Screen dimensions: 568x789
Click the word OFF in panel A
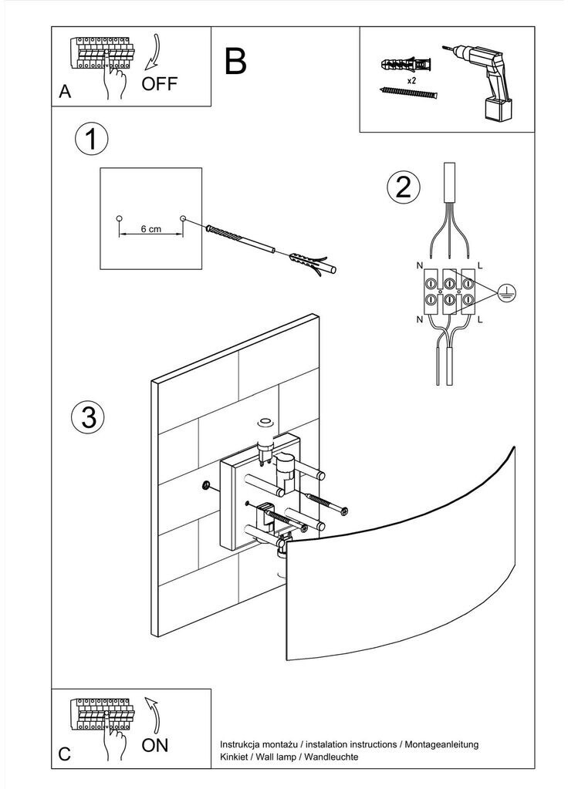coord(159,83)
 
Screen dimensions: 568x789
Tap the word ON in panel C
coord(154,745)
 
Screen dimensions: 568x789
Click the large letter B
coord(235,62)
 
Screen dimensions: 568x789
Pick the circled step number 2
coord(403,187)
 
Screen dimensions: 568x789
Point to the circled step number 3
coord(88,416)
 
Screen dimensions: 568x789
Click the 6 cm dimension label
coord(150,229)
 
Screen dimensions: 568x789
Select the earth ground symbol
coord(506,292)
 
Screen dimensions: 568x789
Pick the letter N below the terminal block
coord(420,319)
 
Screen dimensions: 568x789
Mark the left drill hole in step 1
coord(119,218)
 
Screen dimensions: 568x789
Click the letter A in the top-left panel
coord(65,92)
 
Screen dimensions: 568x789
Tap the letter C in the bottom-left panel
coord(65,754)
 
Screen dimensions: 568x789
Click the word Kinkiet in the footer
coord(233,757)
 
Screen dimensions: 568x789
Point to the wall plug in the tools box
coord(406,65)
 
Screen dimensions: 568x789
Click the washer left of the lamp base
coord(205,486)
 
